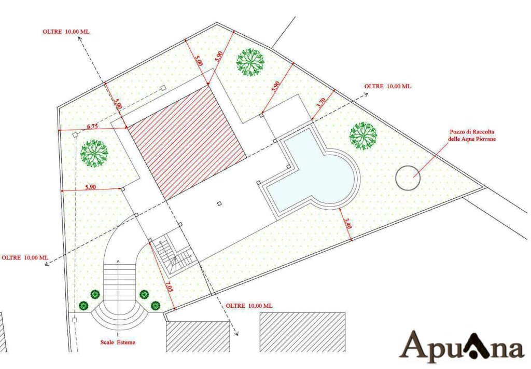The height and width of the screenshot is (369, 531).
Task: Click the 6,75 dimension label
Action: tap(92, 127)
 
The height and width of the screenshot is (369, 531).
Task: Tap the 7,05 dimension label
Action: tap(169, 286)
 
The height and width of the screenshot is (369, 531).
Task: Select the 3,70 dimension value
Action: tap(321, 103)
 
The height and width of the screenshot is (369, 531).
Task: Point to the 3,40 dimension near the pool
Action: tap(348, 224)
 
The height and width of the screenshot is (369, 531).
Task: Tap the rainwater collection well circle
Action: tap(408, 178)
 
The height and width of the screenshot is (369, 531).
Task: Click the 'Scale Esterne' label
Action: tap(118, 342)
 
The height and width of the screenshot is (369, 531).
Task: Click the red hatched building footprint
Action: tap(187, 142)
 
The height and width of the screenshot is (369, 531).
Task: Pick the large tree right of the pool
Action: tap(363, 136)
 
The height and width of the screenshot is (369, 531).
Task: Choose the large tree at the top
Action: tap(250, 62)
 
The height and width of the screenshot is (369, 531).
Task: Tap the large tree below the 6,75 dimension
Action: tap(94, 154)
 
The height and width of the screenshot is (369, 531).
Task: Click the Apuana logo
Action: tap(462, 345)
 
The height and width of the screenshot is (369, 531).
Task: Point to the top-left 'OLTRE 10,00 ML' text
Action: tap(66, 32)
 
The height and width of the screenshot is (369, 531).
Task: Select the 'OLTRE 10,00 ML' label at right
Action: tap(388, 86)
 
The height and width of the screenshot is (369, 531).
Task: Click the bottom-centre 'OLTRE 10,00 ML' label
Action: tap(249, 306)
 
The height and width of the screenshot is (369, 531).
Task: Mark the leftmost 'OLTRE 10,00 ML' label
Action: tap(25, 257)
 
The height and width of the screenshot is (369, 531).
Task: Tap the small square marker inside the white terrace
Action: tap(219, 203)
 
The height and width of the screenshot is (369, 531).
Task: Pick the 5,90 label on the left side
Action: tap(91, 187)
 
